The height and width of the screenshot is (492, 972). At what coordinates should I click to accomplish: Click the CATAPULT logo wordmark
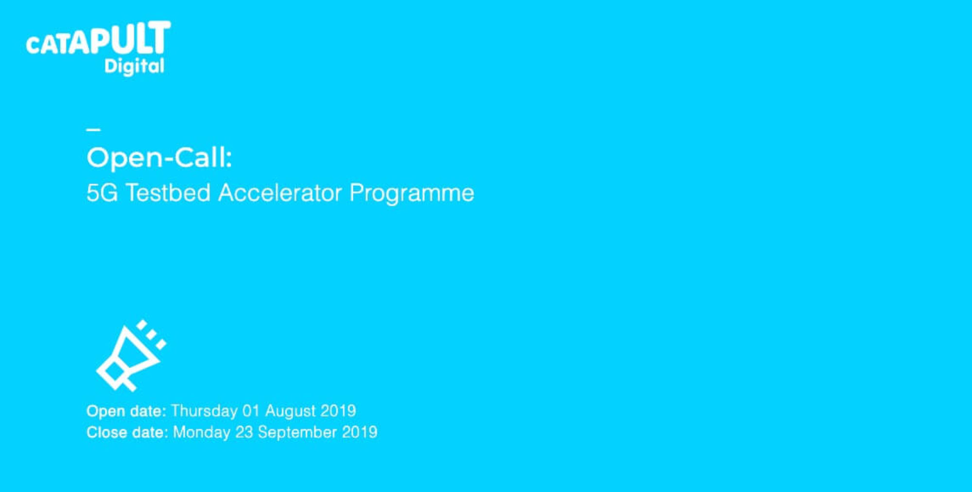(x=98, y=37)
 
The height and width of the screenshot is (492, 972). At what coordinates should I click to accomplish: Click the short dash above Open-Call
(x=93, y=129)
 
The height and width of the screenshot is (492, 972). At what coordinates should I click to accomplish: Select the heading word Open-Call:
(x=159, y=158)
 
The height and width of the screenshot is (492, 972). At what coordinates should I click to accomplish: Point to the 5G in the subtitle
(x=102, y=193)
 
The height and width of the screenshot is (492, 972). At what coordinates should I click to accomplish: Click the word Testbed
(x=168, y=193)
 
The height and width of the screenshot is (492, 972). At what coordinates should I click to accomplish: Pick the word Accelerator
(x=280, y=193)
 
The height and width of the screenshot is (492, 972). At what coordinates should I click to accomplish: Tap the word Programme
(x=412, y=194)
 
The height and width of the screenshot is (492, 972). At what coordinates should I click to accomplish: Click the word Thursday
(x=205, y=411)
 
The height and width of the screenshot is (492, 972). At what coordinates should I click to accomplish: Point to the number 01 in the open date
(x=251, y=411)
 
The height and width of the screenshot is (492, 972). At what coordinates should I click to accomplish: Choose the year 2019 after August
(x=338, y=411)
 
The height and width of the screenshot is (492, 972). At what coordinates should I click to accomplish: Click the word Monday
(x=202, y=433)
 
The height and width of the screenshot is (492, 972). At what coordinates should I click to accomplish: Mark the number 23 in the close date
(x=244, y=432)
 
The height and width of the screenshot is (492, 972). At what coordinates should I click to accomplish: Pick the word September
(x=297, y=433)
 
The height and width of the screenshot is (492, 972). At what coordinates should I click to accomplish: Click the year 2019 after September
(x=360, y=432)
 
